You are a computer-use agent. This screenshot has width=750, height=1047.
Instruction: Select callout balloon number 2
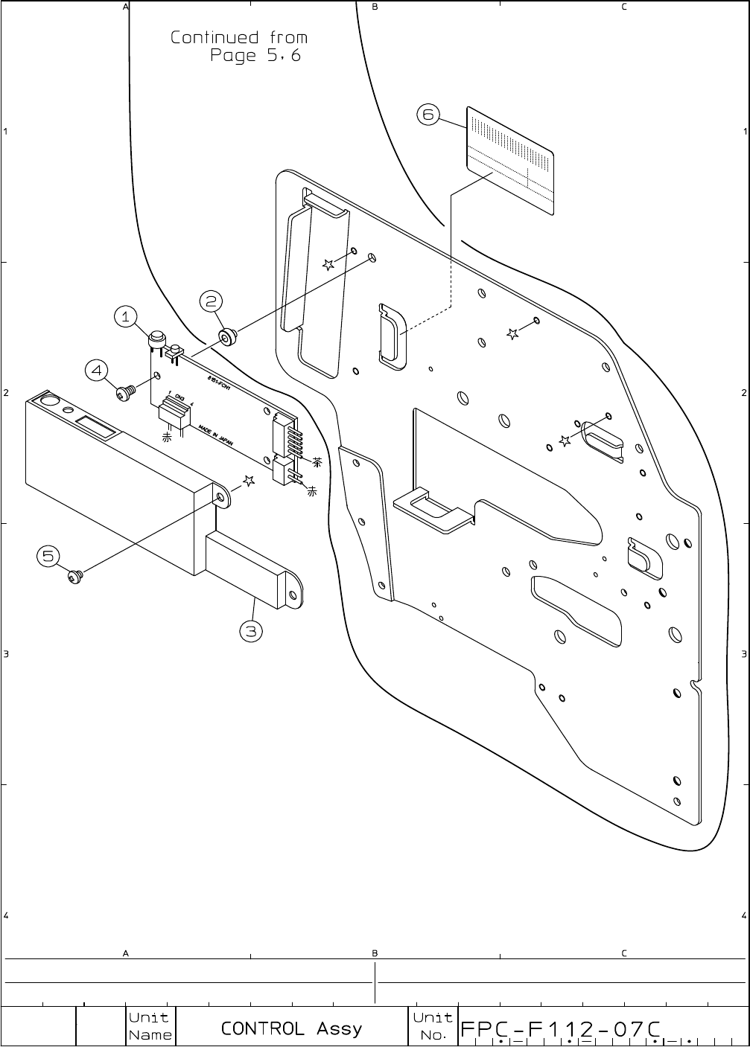[212, 301]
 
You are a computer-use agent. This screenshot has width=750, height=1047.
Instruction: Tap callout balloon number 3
[251, 632]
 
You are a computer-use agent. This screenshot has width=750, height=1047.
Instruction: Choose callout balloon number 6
[428, 115]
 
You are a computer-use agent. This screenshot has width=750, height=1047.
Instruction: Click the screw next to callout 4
[125, 391]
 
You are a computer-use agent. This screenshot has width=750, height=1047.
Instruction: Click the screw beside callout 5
[75, 575]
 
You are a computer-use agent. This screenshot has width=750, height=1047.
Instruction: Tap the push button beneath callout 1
[156, 339]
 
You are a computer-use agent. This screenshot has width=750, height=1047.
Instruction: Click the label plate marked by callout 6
[510, 160]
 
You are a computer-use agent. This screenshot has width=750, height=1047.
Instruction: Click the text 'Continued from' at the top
[238, 37]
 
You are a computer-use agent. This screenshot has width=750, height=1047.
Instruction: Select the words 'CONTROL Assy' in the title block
[291, 1028]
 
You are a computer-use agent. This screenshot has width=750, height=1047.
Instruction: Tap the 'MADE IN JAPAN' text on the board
[216, 435]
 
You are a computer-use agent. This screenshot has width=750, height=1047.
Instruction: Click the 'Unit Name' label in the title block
[150, 1026]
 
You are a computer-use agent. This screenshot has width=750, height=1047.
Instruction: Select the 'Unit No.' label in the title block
[432, 1026]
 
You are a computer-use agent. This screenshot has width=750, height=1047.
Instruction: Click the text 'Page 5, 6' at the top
[255, 56]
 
